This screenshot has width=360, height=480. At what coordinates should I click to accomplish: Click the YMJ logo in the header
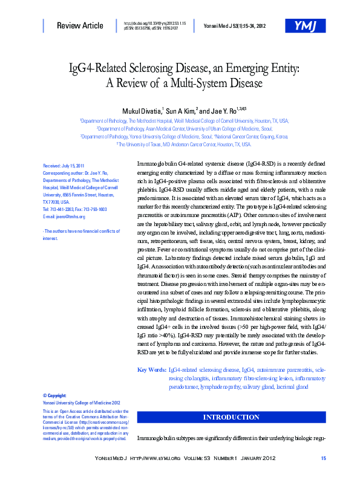coord(304,26)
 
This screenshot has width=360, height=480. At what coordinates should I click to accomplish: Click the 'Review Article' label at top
coord(80,25)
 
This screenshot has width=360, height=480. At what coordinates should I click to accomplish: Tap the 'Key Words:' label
coord(152,369)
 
